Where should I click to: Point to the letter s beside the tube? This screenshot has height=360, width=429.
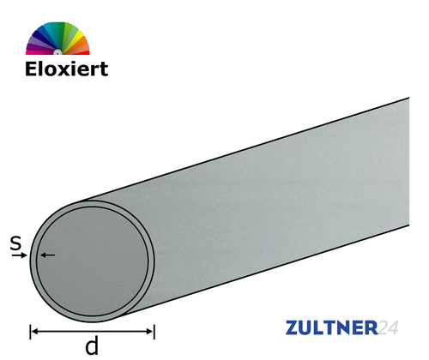15,244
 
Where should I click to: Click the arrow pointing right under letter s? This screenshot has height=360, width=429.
25,255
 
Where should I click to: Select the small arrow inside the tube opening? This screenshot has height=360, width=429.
46,255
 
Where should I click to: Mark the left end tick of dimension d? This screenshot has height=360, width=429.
32,329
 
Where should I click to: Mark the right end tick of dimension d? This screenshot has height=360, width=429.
154,329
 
